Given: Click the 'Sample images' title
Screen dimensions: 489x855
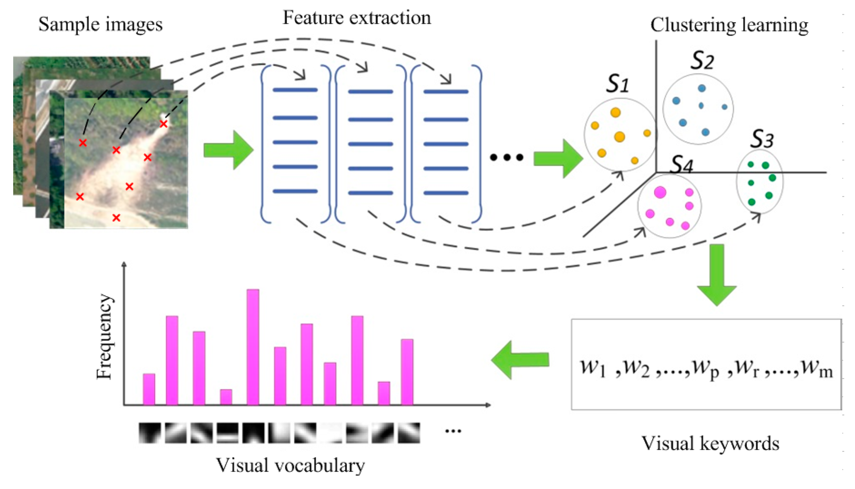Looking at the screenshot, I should coord(100,24).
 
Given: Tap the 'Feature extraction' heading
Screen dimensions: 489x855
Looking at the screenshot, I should coord(357,17).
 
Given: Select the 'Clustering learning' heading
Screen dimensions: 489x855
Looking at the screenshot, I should coord(729,25).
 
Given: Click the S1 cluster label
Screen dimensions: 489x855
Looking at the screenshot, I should coord(617,84).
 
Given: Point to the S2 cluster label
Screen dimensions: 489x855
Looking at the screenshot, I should coord(702,61).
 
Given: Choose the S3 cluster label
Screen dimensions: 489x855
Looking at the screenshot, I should coord(762,139).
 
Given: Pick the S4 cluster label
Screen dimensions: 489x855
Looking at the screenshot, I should coord(682,165).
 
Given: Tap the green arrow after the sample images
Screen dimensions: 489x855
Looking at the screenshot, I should coord(228,150).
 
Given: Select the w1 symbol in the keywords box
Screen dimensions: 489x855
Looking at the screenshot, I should coord(593,368).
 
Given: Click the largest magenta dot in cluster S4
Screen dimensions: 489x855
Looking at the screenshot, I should coord(660,192).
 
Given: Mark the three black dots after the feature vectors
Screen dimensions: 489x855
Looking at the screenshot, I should coord(506,157).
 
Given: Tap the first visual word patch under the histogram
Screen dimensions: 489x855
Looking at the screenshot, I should coord(149,432).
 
